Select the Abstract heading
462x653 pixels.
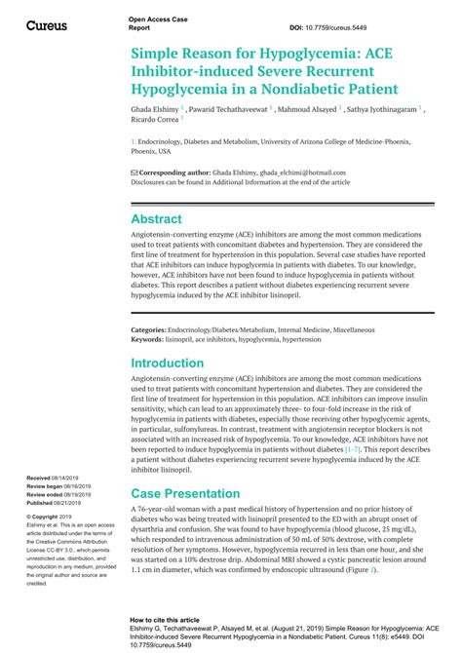click(156, 219)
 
